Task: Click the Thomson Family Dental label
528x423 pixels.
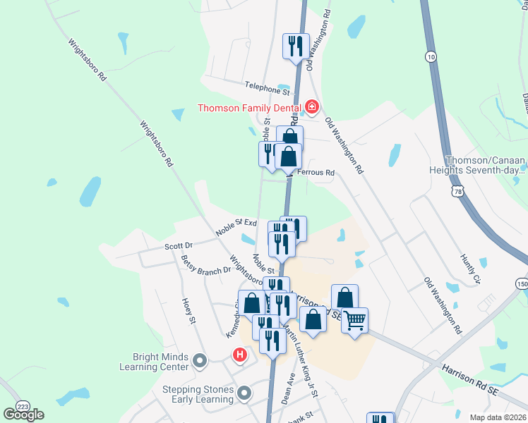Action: (248, 108)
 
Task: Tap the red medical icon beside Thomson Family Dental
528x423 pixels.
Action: (311, 107)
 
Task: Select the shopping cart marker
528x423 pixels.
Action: (355, 321)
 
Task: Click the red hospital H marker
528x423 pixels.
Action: (240, 355)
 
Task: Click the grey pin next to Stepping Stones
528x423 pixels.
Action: (244, 392)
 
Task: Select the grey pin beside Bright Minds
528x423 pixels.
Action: (199, 362)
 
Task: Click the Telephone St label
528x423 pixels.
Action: (268, 87)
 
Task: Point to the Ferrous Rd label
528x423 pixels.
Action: (315, 173)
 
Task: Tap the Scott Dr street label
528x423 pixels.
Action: (178, 246)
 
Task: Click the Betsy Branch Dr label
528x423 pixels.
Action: (205, 265)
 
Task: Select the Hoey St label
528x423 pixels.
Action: (188, 310)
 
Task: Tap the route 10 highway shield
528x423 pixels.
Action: (431, 56)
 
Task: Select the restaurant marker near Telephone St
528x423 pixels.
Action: (296, 46)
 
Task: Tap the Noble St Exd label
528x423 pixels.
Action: (236, 227)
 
